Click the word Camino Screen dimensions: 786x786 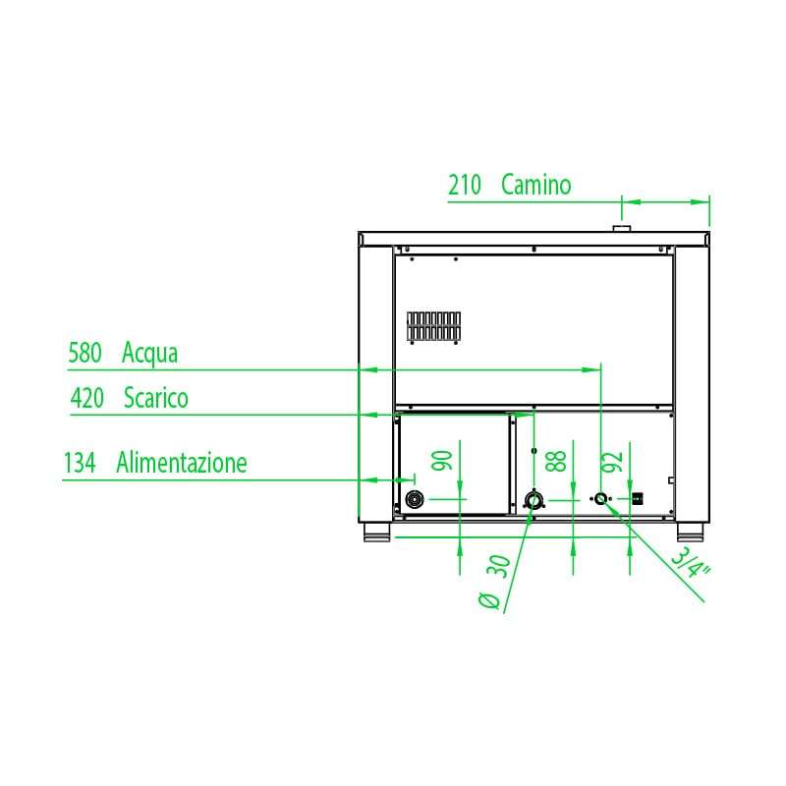535,184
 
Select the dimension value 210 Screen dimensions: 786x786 465,185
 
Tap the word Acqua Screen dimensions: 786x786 149,353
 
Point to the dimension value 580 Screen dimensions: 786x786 84,353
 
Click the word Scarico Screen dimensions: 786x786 155,398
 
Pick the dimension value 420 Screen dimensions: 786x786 87,398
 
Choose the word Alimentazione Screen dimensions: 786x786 182,462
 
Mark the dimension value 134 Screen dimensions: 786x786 80,462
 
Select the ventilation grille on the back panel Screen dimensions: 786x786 434,326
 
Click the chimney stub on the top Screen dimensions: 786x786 622,228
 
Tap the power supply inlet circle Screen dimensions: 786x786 414,500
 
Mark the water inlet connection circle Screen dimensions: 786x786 601,499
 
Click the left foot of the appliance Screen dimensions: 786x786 376,534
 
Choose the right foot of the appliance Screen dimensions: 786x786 691,534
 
